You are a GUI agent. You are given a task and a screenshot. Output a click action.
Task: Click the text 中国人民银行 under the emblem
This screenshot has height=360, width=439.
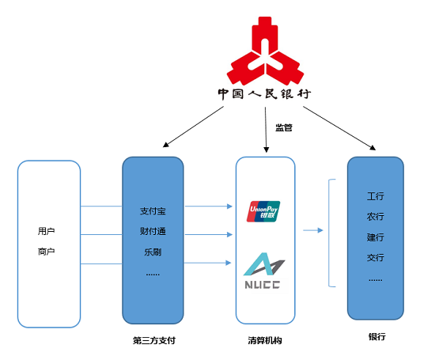[x=264, y=93]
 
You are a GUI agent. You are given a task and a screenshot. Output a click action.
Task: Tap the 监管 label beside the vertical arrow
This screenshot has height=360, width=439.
[x=284, y=127]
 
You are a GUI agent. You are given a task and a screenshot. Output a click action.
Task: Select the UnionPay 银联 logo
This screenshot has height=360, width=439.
[x=264, y=211]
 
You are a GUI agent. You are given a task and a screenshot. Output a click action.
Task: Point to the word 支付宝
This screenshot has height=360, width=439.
[x=153, y=211]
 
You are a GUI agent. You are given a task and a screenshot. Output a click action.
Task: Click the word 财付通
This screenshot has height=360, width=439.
[x=153, y=233]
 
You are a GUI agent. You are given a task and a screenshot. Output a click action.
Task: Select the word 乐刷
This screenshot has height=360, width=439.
[x=153, y=252]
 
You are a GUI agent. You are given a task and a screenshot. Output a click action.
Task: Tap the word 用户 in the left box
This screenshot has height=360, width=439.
[x=47, y=231]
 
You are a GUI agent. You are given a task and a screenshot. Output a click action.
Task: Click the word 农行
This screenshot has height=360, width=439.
[x=375, y=216]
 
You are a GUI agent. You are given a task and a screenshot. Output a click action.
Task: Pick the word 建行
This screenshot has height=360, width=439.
[x=375, y=237]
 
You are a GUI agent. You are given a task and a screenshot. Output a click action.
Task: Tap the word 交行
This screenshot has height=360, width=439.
[x=375, y=257]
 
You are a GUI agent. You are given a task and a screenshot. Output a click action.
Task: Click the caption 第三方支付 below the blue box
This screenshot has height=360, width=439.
[x=153, y=341]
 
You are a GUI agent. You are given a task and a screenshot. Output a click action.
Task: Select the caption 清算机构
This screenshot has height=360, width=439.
[x=265, y=341]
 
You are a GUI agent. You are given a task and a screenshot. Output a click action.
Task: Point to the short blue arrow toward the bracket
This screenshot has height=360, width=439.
[x=313, y=231]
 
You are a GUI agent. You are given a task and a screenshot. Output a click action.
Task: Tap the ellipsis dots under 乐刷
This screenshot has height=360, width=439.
[x=153, y=274]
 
